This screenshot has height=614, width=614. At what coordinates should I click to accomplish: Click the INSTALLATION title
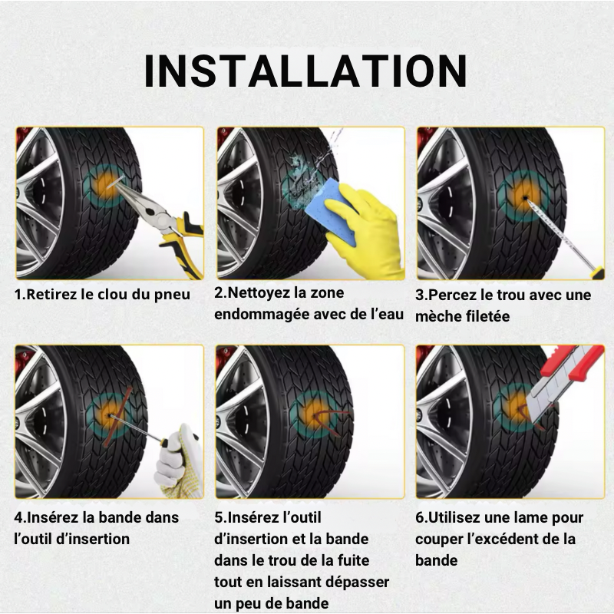[x=306, y=71]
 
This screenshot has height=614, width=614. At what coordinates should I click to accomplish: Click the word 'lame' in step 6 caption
[x=529, y=518]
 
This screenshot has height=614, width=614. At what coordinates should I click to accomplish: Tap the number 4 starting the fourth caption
[x=18, y=518]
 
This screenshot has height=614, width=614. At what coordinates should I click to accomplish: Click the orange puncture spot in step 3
[x=525, y=196]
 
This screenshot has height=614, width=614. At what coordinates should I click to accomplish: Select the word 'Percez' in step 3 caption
[x=452, y=295]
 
